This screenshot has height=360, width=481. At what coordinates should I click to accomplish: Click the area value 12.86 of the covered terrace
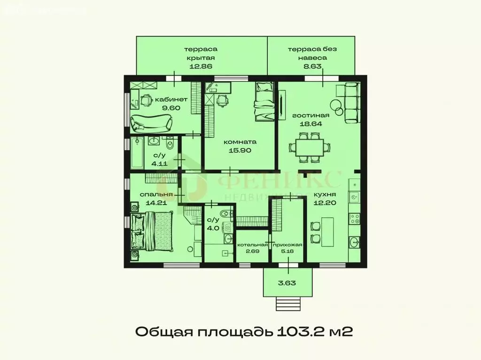(x=201, y=66)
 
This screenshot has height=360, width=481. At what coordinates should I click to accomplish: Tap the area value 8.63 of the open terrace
(x=312, y=66)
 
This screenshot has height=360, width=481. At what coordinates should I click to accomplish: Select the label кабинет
(x=171, y=100)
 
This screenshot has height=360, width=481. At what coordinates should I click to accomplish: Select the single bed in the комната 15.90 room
(x=264, y=101)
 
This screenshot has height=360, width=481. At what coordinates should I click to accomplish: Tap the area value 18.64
(x=311, y=124)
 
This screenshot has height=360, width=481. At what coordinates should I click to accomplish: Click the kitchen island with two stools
(x=326, y=230)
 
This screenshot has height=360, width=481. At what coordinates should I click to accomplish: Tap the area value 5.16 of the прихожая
(x=287, y=252)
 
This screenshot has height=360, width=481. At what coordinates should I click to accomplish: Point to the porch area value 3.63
(x=287, y=283)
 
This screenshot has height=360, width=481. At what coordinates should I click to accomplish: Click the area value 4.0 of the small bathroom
(x=213, y=229)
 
